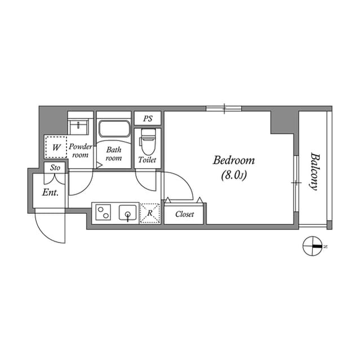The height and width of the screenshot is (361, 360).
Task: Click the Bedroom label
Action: [233, 160]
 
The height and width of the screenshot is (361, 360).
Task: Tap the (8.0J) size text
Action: [233, 175]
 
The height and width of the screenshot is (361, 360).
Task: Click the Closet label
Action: [184, 214]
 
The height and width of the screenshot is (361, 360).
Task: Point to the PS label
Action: [148, 119]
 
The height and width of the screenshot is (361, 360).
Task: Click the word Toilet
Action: [148, 160]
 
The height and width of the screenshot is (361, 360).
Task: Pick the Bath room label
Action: [114, 154]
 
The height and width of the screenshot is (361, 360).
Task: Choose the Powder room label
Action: [81, 151]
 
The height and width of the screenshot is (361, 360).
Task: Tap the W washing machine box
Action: [56, 148]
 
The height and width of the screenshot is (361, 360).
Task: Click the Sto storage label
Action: [55, 168]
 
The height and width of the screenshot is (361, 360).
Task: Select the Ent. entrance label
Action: [50, 192]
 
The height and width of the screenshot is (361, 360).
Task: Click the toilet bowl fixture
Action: [148, 141]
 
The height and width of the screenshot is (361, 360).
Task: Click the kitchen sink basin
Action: [128, 213]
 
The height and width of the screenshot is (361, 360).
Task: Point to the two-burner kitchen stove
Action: [104, 213]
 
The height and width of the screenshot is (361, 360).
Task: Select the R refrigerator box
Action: [150, 213]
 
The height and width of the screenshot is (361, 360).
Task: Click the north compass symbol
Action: [312, 246]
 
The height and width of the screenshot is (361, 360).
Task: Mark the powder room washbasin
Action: [80, 125]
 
